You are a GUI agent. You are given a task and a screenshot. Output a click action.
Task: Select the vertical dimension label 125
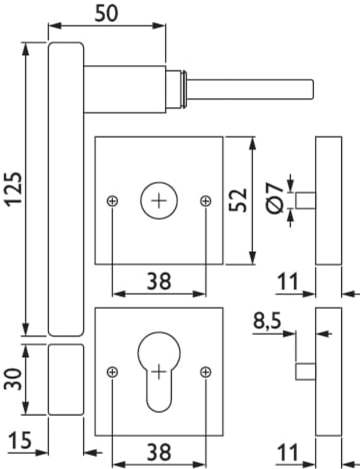[13, 189]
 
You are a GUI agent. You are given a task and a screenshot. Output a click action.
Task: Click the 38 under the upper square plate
[158, 281]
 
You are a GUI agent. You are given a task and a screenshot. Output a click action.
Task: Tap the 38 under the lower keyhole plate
[158, 452]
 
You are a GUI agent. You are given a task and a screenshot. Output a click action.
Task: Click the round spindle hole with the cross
[158, 201]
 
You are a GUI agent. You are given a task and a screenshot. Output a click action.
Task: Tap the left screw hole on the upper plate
[113, 201]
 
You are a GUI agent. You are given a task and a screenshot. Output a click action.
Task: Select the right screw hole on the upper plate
[205, 201]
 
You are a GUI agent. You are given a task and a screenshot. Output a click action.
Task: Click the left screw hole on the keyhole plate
[113, 371]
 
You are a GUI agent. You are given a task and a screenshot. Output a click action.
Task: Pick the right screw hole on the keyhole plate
[205, 371]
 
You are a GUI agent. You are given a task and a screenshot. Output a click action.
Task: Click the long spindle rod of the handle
[252, 89]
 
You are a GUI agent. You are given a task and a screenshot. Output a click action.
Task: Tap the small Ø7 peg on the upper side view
[305, 201]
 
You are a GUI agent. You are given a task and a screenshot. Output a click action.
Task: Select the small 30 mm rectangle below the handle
[66, 380]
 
